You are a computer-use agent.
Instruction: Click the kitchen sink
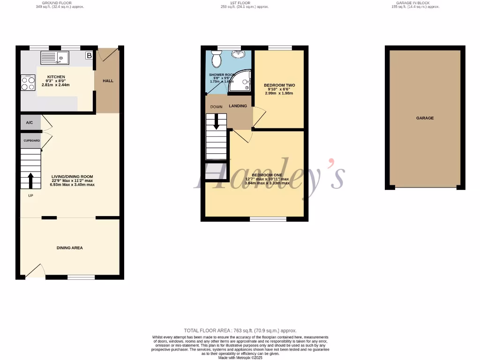pos(55,58)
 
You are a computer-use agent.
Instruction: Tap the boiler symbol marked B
pos(89,56)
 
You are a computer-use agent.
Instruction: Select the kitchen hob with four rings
pos(28,83)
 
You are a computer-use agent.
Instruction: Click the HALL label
pos(108,81)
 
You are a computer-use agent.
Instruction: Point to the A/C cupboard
pos(30,123)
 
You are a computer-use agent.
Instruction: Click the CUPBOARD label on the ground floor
pos(30,141)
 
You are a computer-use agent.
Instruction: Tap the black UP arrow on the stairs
pos(31,180)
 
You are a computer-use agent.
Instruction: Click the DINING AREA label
pos(70,247)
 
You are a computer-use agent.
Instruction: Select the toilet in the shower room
pos(217,59)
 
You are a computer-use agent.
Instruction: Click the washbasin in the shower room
pos(240,54)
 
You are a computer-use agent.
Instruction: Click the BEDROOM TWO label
pos(279,85)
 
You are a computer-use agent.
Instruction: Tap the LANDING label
pos(238,106)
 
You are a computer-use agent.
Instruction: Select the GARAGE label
pos(425,118)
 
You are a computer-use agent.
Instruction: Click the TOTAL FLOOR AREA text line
pos(240,330)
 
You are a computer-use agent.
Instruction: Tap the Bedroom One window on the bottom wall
pos(268,218)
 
